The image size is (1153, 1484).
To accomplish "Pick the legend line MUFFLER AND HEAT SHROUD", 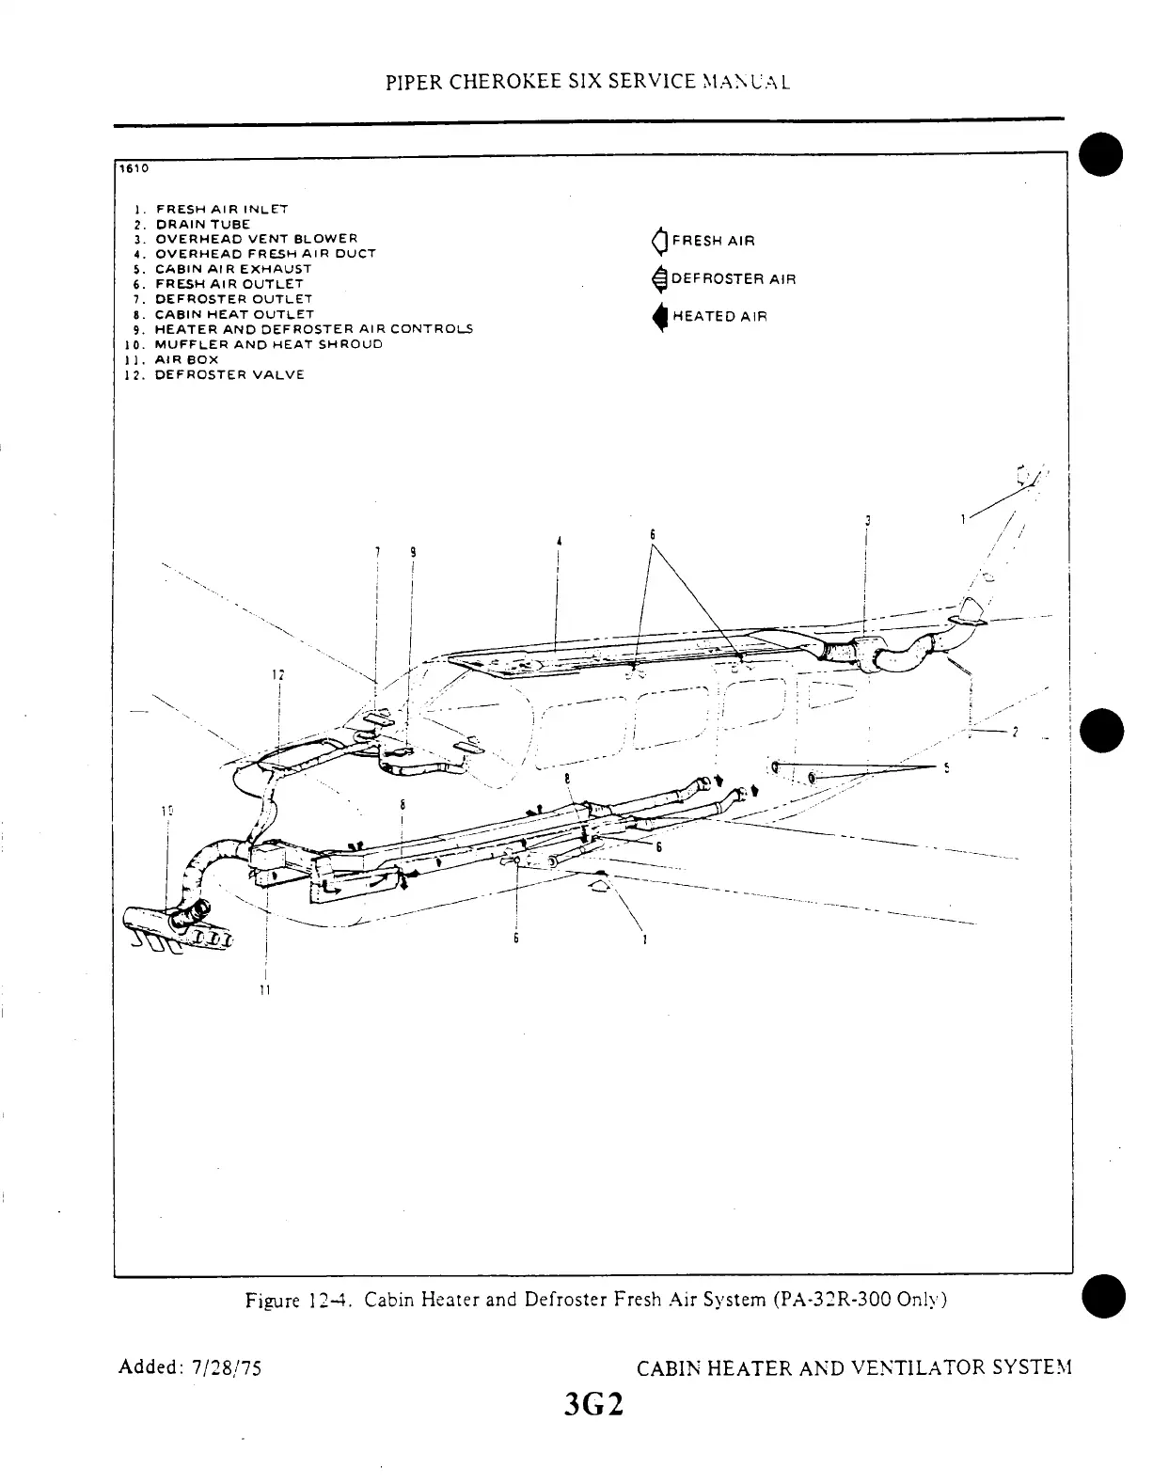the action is coord(268,344).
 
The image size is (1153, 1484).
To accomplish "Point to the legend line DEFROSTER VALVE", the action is coord(229,374).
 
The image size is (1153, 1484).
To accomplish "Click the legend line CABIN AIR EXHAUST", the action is coord(232,269).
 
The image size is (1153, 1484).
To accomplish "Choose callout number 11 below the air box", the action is coord(266,990).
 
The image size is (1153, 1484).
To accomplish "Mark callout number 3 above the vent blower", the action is coord(867,520).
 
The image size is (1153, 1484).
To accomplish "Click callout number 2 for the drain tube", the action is coord(1015,734).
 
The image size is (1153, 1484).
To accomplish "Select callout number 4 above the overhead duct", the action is coord(559,541).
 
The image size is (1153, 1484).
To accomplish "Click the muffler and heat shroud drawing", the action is coord(174,925).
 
